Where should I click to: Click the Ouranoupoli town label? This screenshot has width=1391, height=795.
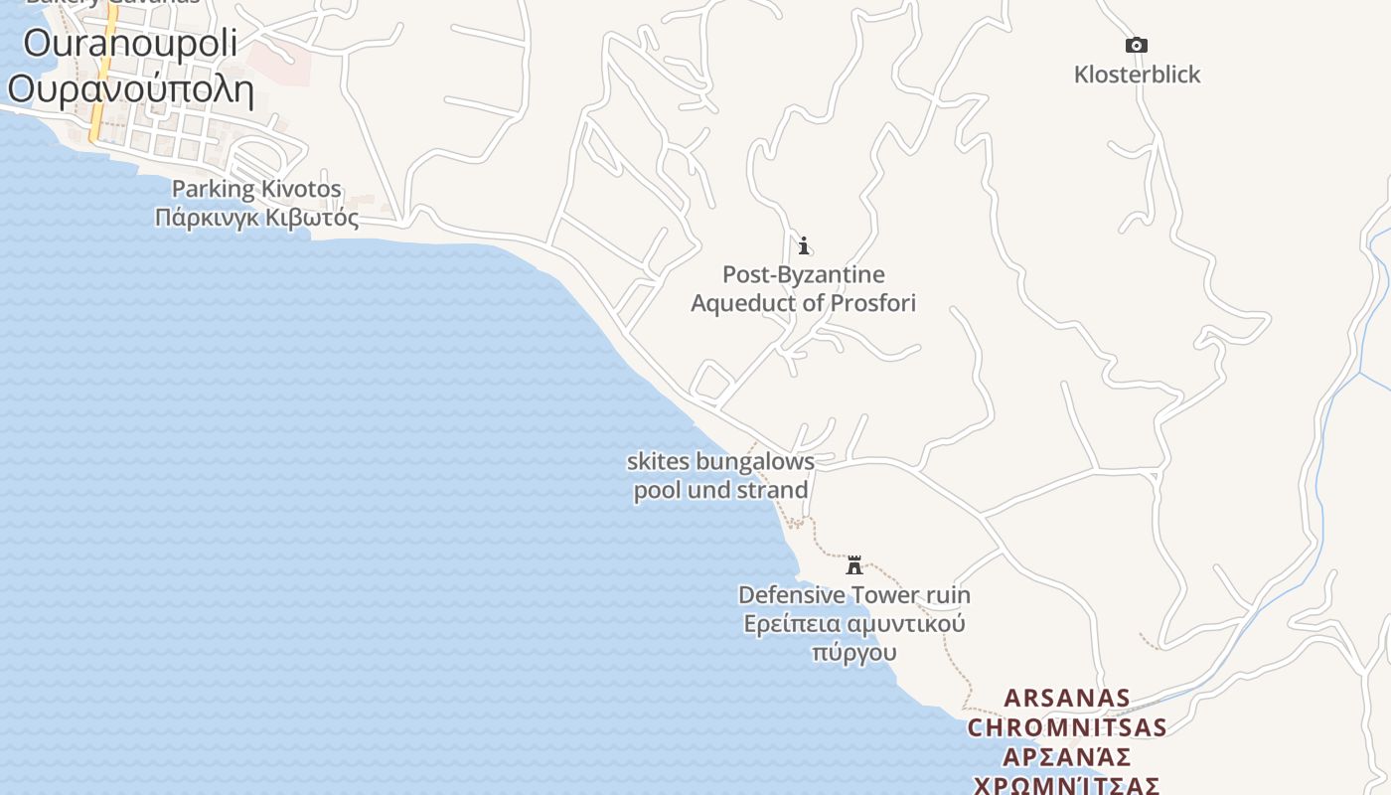tap(130, 44)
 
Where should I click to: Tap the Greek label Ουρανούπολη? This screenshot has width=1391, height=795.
tap(130, 89)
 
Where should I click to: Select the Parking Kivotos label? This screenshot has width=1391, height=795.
tap(256, 189)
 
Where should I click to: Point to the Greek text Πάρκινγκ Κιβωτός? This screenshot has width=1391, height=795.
tap(256, 217)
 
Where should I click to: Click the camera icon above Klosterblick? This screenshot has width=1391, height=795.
tap(1137, 45)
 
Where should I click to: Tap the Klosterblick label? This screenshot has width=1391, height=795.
tap(1137, 75)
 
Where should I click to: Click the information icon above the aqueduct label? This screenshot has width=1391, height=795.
tap(804, 244)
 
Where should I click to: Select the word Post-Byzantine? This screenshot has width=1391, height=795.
tap(803, 274)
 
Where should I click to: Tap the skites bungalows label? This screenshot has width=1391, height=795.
tap(720, 461)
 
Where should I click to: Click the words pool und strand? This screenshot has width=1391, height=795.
tap(720, 490)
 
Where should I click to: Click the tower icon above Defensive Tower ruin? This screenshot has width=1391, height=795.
tap(853, 565)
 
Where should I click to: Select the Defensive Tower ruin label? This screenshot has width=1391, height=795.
tap(853, 595)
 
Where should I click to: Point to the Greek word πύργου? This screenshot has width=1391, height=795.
tap(853, 653)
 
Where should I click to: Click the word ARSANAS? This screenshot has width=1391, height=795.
tap(1067, 698)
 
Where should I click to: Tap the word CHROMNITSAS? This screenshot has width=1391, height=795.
tap(1067, 727)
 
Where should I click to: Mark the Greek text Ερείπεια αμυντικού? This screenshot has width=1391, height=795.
tap(853, 624)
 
